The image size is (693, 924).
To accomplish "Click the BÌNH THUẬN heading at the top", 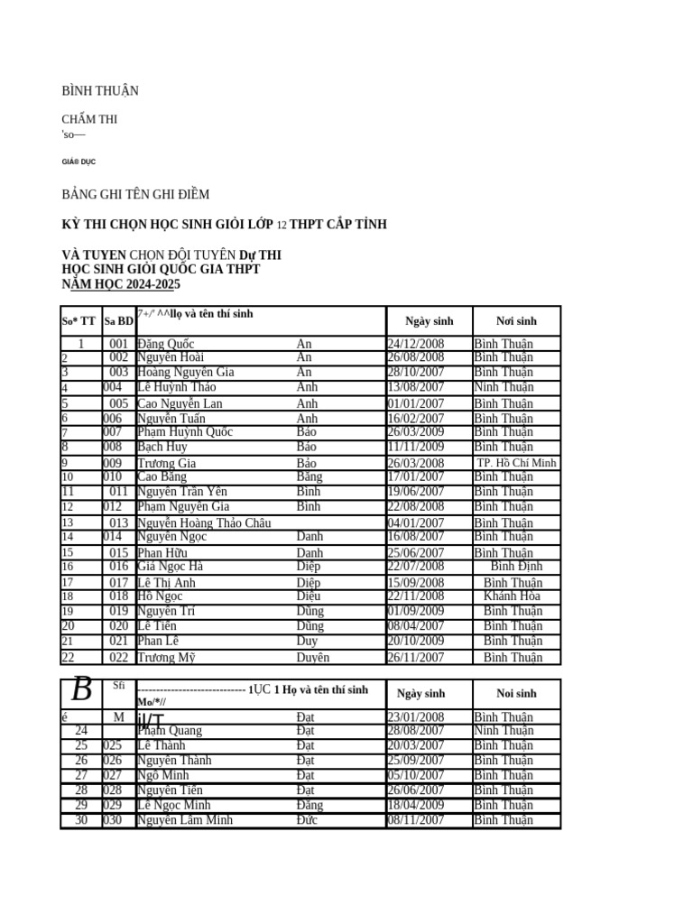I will (99, 91).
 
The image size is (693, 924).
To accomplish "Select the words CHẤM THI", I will (88, 119).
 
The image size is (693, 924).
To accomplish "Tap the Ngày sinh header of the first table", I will (430, 321).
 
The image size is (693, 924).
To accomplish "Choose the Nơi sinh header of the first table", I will (516, 321).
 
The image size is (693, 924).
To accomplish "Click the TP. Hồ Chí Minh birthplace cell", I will (516, 463).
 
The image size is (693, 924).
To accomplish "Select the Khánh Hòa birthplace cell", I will (512, 596).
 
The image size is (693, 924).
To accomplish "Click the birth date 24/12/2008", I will (415, 344).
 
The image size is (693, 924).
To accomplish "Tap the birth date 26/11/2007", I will (415, 658).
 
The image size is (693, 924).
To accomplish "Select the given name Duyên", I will (313, 658).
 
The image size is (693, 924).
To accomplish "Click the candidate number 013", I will (118, 523).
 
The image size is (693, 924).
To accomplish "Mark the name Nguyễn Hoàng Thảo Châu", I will (204, 523).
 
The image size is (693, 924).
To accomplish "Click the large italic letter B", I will (81, 690).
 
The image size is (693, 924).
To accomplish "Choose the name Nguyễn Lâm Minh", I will (185, 820).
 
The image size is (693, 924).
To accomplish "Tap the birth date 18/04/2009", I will (415, 805).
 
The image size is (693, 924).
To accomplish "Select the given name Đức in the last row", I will (307, 820).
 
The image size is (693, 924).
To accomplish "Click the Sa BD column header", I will (118, 321).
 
